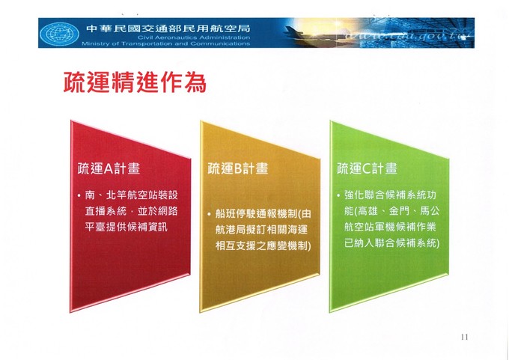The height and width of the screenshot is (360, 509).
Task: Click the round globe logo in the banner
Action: tap(59, 34)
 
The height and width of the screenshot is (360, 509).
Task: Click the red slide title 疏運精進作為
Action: tap(135, 82)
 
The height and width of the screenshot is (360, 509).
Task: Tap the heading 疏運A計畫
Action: tap(109, 169)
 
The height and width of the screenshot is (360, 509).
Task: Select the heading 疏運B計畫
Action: tap(238, 169)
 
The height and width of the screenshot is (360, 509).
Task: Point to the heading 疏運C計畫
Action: tap(367, 169)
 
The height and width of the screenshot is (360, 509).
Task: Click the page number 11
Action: tap(465, 337)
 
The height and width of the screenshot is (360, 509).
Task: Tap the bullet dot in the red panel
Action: tap(79, 196)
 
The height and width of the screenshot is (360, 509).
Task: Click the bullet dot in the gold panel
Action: tap(210, 214)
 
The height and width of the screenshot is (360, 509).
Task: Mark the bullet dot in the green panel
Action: tap(338, 196)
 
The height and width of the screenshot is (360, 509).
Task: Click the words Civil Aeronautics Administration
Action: tap(194, 37)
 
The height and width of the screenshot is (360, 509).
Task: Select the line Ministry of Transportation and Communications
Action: tap(166, 43)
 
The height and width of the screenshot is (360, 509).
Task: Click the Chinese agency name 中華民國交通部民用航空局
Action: tap(168, 28)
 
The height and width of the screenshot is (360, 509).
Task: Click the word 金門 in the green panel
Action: tap(399, 211)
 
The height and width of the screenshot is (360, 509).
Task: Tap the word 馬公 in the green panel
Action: tap(430, 211)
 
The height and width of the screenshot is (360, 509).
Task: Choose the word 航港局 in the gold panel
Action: tap(231, 230)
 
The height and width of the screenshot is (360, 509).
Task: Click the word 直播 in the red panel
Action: tap(95, 211)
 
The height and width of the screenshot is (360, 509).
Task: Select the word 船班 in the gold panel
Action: tap(225, 214)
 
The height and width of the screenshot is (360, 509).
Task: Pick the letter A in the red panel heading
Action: tap(109, 169)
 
